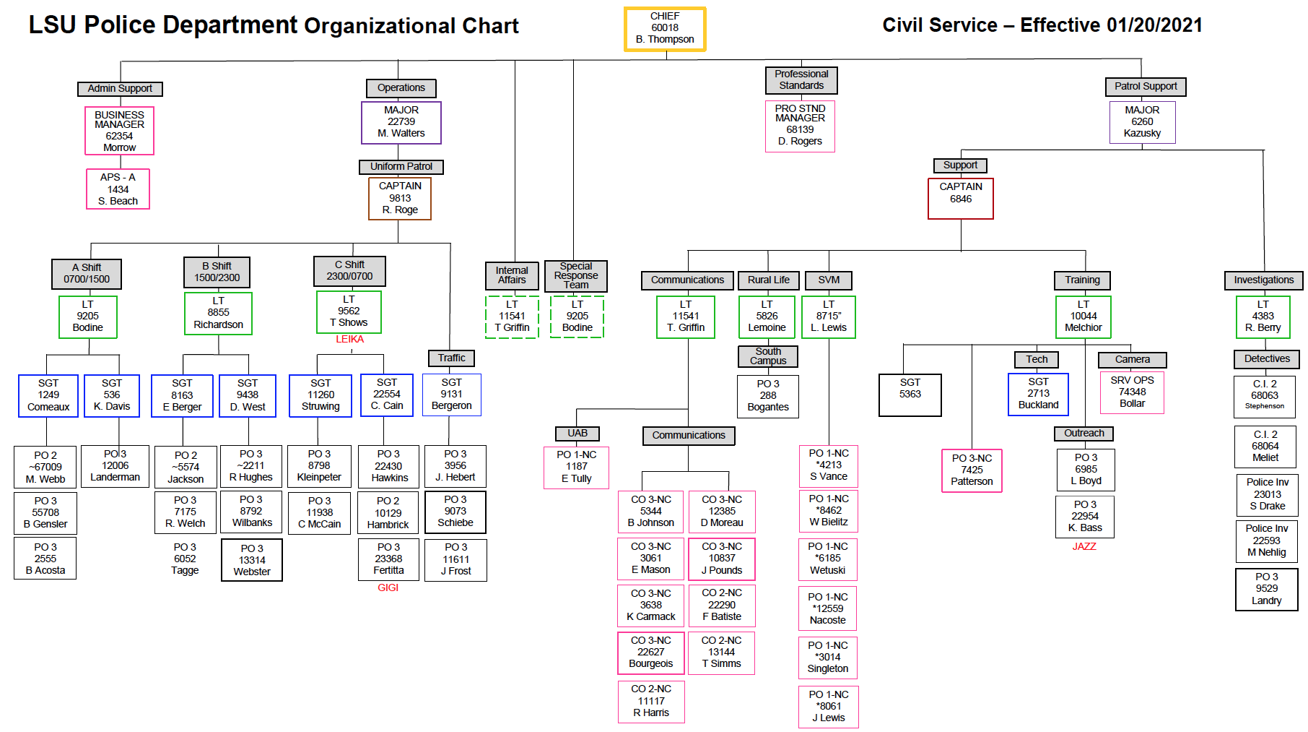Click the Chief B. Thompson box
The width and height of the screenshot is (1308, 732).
[x=665, y=29]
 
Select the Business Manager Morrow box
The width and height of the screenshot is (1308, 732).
[x=119, y=131]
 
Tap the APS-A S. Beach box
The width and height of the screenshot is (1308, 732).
[x=118, y=189]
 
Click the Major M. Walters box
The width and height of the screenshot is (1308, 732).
[x=401, y=122]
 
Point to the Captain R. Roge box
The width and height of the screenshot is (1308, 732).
[x=400, y=198]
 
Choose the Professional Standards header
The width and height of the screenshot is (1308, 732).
[x=801, y=80]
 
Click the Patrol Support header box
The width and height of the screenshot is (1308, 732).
[x=1146, y=87]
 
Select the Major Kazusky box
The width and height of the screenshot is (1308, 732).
[x=1142, y=122]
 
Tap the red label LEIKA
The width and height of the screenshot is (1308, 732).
[x=350, y=340]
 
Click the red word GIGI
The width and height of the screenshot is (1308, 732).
[x=388, y=588]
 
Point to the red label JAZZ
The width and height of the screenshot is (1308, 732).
[x=1084, y=547]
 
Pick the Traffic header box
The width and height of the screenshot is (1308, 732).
[x=452, y=358]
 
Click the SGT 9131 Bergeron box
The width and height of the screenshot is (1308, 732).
[x=452, y=395]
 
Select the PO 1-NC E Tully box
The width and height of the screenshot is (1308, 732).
[x=577, y=467]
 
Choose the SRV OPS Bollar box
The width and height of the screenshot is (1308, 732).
[x=1132, y=392]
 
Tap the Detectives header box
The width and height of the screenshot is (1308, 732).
[x=1267, y=359]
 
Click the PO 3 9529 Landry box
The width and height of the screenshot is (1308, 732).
[x=1266, y=589]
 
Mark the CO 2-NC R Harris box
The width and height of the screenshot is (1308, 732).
[x=651, y=701]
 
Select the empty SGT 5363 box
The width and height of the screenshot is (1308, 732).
[x=910, y=395]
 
